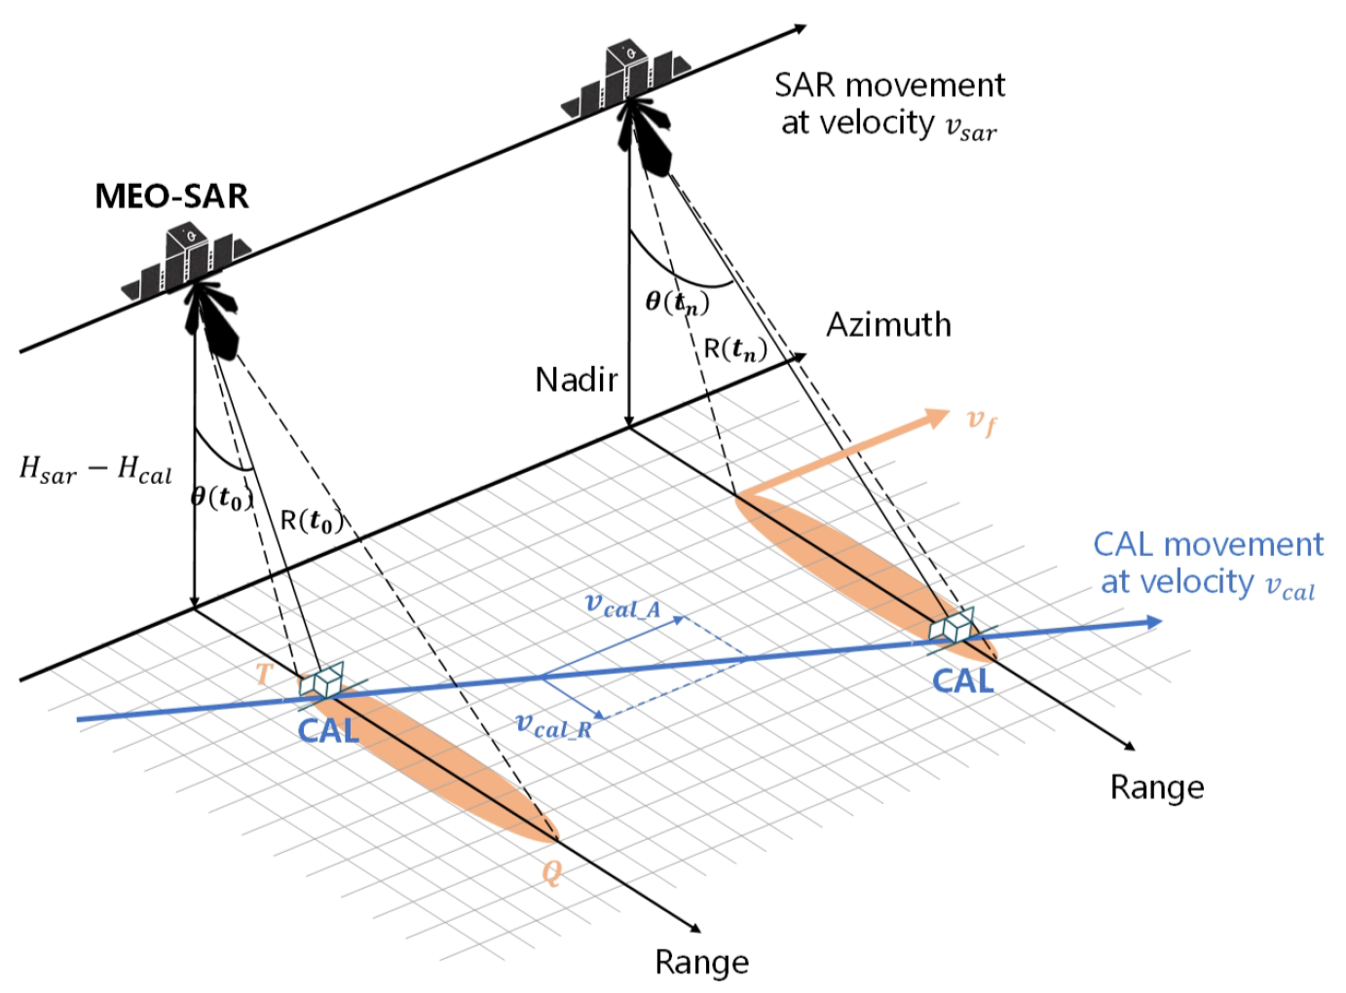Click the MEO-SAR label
click(171, 196)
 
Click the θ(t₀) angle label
click(222, 497)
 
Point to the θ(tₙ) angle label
click(677, 302)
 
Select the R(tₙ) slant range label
click(734, 349)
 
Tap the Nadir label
click(577, 379)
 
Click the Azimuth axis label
click(888, 324)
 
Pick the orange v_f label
click(981, 421)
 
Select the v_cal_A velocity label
click(622, 606)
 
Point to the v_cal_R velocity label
click(553, 726)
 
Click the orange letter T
click(263, 674)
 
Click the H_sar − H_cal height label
click(95, 470)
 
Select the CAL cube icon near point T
click(321, 682)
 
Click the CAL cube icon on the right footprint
click(951, 626)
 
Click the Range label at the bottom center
click(701, 962)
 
